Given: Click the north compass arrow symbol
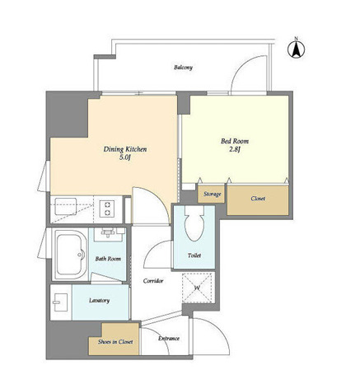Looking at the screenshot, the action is [x=296, y=49].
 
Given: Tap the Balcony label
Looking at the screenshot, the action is [x=183, y=68].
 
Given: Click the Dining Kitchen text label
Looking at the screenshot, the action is [x=125, y=149].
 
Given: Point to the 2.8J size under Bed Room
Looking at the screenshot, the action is [x=235, y=150].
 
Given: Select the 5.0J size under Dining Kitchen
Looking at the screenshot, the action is [x=124, y=157].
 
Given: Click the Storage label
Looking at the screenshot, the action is [x=213, y=194].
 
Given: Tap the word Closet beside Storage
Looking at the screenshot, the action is [x=258, y=199].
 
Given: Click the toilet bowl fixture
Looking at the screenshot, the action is [x=194, y=223].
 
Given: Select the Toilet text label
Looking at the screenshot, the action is [x=194, y=255].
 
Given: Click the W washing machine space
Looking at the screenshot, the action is [x=199, y=288].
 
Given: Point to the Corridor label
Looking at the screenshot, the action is [x=153, y=281].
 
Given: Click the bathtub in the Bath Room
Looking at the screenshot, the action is [x=71, y=254].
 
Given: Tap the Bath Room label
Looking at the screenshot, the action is [x=108, y=259].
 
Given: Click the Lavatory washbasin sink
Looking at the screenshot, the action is [x=61, y=302].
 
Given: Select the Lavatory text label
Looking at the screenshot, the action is [x=99, y=301].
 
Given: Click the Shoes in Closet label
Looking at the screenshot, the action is [x=115, y=342].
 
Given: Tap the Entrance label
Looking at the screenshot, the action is [x=169, y=339].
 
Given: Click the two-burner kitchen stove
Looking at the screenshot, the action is [x=107, y=209].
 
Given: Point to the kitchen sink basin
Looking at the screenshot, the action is [x=65, y=206].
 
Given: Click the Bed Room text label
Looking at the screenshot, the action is [x=235, y=141].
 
